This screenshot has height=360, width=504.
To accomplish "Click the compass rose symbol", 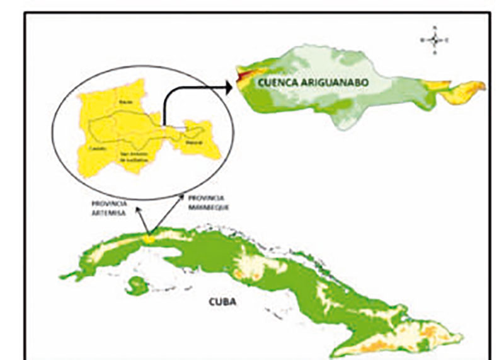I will (435, 40).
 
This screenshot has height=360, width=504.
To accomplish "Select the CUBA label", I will (222, 302).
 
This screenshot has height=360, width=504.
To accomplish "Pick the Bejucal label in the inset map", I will (193, 142).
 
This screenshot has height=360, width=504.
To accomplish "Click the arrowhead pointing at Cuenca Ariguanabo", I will (226, 87).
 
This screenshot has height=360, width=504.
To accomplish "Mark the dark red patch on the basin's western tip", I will (243, 77).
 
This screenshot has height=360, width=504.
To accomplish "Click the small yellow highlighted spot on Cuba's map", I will (150, 238).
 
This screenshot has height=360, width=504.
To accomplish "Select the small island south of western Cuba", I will (135, 287).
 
